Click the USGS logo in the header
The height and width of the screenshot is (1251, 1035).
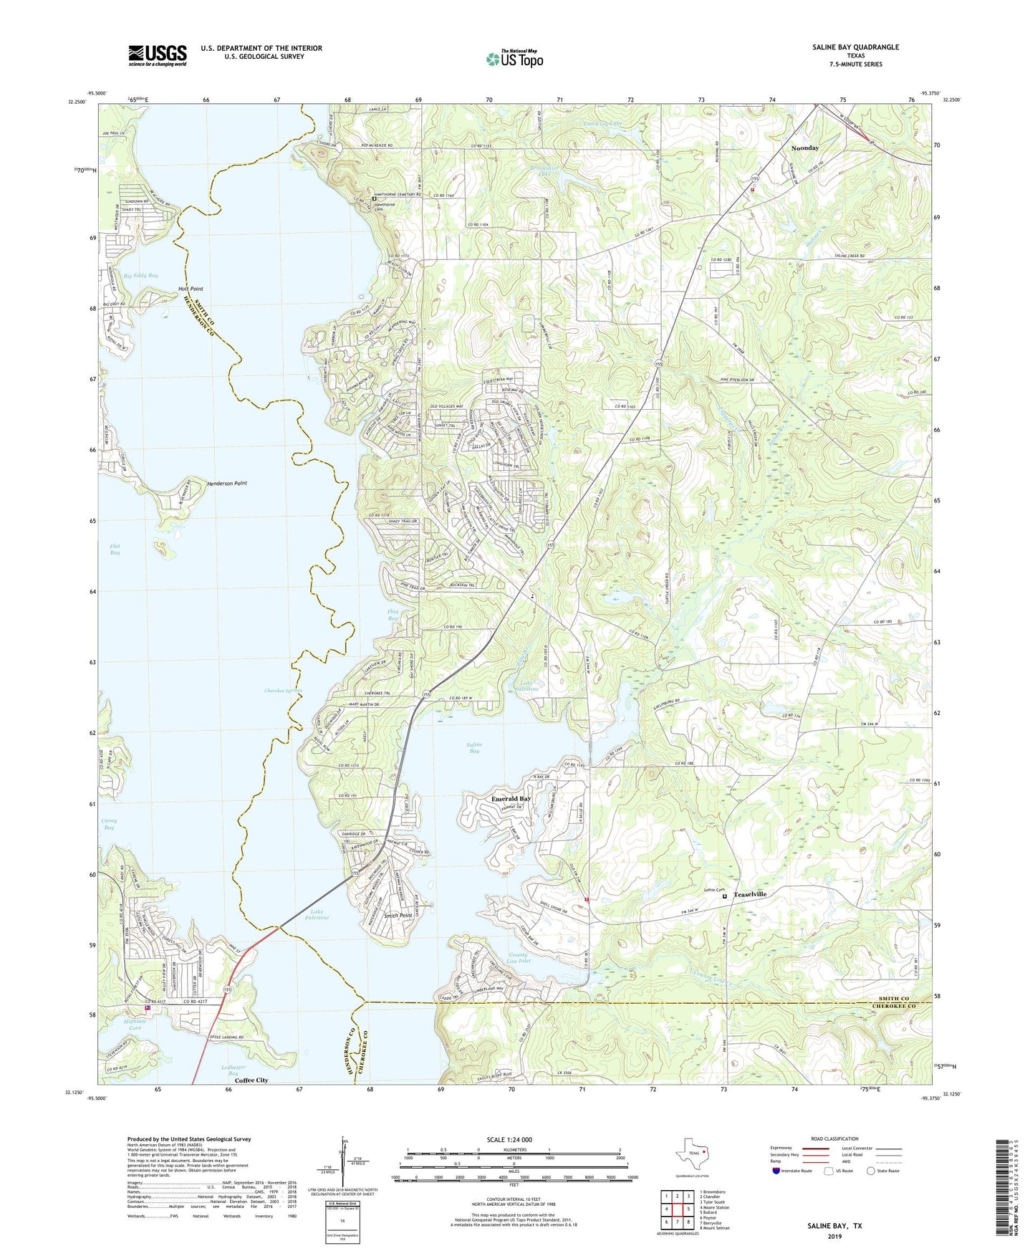[158, 55]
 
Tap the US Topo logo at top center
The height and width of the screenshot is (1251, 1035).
[514, 59]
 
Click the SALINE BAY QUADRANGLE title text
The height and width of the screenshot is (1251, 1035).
[855, 47]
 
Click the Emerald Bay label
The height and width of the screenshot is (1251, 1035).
[511, 798]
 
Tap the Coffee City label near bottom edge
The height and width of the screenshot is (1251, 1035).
[251, 1080]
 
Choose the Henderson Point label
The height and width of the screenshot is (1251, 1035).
[226, 483]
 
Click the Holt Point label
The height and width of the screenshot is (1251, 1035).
[191, 289]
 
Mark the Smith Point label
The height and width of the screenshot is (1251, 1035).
[398, 916]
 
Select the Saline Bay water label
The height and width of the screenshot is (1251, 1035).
[474, 747]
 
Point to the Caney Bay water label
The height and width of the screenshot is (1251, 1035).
[109, 824]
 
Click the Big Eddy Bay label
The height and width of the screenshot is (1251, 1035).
[140, 275]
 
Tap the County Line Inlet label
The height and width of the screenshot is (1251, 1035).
[518, 959]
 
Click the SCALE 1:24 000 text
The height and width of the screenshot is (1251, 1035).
[512, 1139]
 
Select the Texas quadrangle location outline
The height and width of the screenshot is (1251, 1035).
[691, 1154]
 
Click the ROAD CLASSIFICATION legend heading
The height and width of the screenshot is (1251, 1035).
[834, 1139]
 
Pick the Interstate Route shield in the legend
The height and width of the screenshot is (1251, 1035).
[776, 1171]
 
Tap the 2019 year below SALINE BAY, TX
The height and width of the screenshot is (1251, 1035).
[834, 1236]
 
